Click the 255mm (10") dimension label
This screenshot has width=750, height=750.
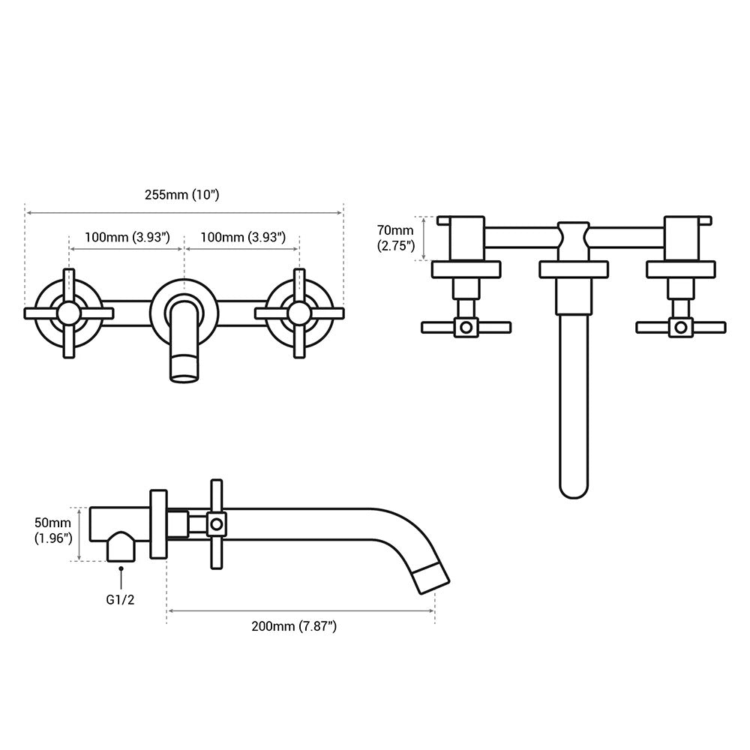[181, 194]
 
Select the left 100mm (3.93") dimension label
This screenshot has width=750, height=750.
[127, 237]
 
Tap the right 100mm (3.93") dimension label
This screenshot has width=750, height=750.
[243, 237]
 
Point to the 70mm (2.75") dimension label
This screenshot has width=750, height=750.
[394, 237]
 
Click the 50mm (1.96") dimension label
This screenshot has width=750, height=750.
[52, 530]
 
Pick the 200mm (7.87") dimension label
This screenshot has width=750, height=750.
[293, 626]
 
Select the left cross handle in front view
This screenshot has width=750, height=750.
[69, 313]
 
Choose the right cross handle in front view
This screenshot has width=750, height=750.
[299, 313]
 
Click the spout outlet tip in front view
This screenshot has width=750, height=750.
[184, 369]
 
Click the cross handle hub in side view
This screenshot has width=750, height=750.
[216, 523]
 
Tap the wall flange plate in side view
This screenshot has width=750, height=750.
[158, 524]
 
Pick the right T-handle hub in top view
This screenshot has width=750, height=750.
[681, 327]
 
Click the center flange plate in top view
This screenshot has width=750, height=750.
[574, 269]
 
